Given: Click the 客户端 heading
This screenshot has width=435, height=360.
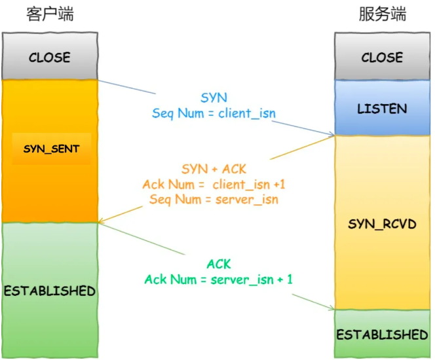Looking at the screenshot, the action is pos(50,14).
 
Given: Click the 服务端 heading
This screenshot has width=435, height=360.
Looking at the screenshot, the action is pos(383,14).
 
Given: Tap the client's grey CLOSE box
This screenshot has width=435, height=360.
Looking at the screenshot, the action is pos(50,56).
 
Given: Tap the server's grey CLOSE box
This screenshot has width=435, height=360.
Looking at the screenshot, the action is pos(383,56).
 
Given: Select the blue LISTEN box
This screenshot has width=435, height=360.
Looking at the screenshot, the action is pos(383,108).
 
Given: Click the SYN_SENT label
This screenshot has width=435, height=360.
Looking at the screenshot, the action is pos(52,149).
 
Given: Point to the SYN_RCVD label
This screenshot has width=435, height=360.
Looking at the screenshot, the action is pos(383,224).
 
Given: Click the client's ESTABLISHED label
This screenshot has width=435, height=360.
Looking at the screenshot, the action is pos(50,291).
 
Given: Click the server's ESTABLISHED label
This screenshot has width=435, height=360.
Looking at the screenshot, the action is pos(383,334).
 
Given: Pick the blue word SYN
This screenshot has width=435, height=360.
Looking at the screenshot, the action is pos(214,98).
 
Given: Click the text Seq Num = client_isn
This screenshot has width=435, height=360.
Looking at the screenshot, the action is pos(214,114).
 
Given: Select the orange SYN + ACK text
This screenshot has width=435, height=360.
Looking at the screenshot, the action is pos(214,169).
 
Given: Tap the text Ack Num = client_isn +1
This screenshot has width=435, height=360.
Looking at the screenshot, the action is pos(214,185).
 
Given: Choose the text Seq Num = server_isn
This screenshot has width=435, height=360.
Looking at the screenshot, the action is pos(214,200).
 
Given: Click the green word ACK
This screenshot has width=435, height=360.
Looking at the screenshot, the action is pos(219,264).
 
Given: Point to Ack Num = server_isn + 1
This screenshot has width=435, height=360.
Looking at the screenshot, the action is pos(219,279).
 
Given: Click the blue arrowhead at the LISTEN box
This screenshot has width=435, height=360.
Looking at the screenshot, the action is pos(332,134).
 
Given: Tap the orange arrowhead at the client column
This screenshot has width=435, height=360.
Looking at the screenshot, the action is pos(101,221).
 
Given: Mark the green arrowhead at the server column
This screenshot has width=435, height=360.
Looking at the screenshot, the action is pos(331,308).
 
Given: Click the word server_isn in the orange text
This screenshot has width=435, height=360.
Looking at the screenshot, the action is pos(247,200).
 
